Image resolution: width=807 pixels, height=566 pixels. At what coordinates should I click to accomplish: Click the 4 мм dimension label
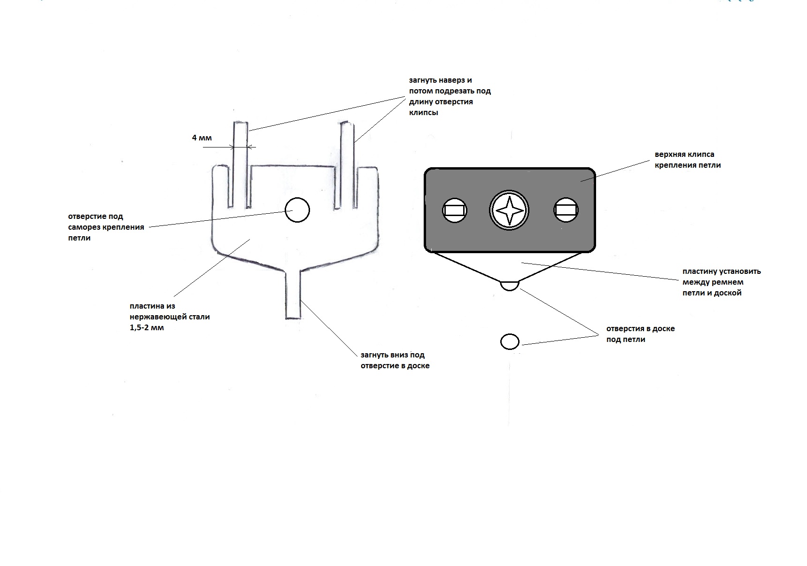coord(202,138)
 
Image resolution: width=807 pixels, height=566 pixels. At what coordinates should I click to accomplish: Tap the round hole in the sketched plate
coord(297,210)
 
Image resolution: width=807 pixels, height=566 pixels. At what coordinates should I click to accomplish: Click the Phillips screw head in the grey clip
coord(509,210)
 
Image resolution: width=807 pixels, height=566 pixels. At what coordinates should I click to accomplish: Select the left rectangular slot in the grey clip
coord(455,210)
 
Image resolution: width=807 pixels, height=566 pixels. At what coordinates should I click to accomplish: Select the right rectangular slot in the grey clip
coord(566,210)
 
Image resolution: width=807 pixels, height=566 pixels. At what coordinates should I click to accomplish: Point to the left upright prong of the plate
coord(240,164)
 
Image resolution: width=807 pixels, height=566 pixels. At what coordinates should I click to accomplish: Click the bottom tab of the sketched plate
coord(293,295)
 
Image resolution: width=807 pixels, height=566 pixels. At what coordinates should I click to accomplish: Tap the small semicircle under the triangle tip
coord(510,285)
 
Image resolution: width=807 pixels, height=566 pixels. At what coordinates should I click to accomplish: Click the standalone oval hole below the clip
coord(510,341)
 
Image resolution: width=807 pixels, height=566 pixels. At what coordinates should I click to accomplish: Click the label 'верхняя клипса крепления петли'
coord(687,160)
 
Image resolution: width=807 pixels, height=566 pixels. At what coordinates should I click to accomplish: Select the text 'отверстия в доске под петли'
coord(640,334)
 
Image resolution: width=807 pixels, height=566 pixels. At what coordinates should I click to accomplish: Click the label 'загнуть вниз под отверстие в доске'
coord(395,360)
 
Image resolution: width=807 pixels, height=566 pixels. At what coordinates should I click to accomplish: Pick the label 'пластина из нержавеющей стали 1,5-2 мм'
coord(170,317)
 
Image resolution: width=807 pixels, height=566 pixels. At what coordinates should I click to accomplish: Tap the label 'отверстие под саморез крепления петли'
coord(106,227)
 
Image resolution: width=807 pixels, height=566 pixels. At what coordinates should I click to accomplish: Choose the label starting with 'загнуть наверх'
coord(450,97)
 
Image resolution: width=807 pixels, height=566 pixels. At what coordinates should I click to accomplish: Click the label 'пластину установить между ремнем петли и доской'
coord(722,282)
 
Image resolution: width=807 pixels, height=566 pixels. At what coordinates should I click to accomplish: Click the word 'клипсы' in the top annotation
coord(423,113)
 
